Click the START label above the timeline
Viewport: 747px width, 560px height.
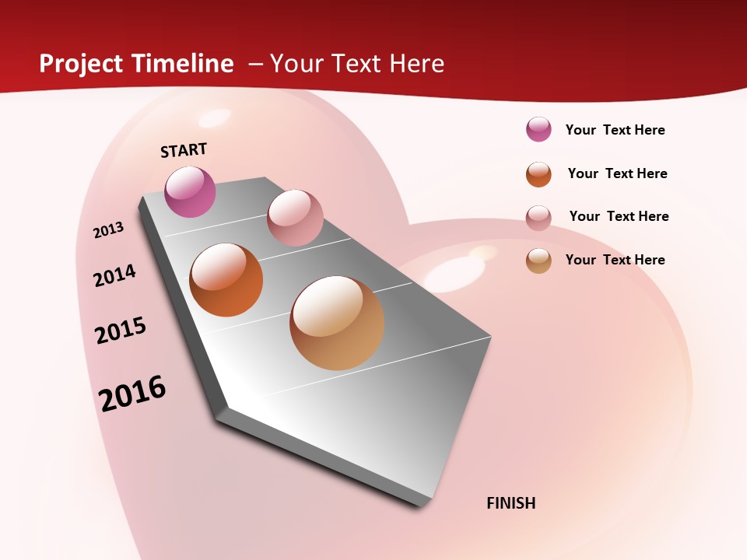(x=184, y=150)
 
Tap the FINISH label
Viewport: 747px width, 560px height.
(x=511, y=503)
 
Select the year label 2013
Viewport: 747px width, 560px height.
(x=108, y=230)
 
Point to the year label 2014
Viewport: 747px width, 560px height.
(x=114, y=275)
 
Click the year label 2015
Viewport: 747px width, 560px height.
(x=121, y=331)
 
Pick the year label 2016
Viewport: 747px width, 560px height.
(x=132, y=394)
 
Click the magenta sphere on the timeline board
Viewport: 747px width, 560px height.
(x=191, y=191)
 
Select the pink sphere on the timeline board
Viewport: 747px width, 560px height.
(x=295, y=218)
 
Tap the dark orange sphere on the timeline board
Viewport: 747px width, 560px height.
(x=226, y=280)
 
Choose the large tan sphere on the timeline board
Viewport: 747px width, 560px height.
(x=337, y=323)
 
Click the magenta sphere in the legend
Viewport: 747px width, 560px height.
(x=538, y=129)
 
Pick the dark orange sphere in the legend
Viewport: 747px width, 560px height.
(x=538, y=174)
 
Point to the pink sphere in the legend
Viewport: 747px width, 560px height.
(x=538, y=218)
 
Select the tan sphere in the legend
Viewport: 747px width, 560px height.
(x=538, y=261)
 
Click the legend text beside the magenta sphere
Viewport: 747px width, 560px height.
(x=615, y=130)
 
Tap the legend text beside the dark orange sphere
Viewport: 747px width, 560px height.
(x=617, y=173)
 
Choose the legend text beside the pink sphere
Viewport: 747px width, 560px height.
(x=619, y=216)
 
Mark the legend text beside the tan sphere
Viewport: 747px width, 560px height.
(x=615, y=260)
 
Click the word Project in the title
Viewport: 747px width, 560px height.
(x=82, y=64)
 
